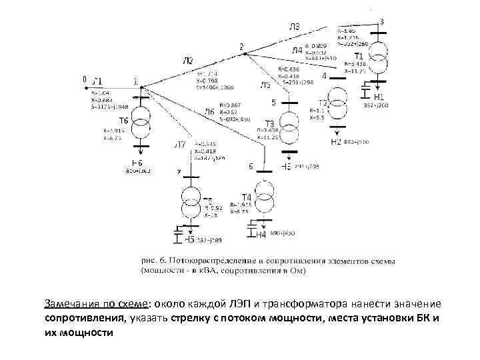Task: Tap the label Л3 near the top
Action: [294, 27]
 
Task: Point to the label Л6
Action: [209, 112]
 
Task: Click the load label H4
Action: [261, 235]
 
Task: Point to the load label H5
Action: [190, 239]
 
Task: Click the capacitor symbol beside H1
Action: [365, 89]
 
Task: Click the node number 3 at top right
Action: [381, 21]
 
